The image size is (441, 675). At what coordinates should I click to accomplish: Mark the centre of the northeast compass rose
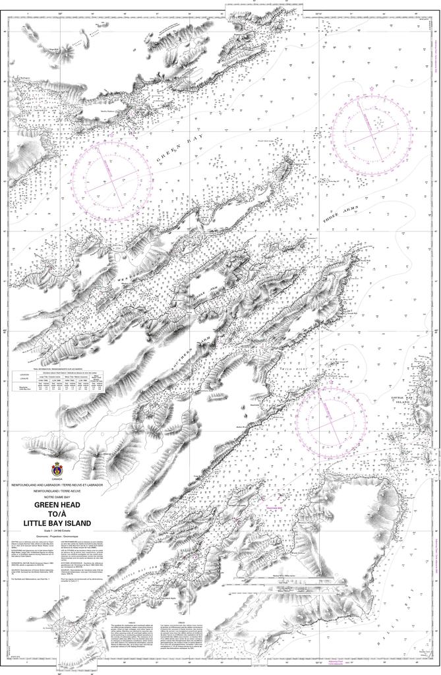(x=371, y=132)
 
